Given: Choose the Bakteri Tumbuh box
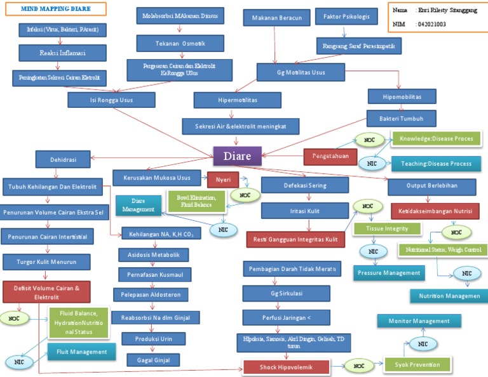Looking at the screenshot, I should (x=402, y=118).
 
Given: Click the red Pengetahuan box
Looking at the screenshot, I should (x=330, y=156).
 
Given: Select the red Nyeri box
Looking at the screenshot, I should (x=223, y=180).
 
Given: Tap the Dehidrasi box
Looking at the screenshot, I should (x=63, y=159).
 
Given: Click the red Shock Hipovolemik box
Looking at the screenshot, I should (x=286, y=367).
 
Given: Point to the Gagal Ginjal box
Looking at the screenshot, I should (x=153, y=360).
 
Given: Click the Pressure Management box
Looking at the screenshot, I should (x=389, y=273).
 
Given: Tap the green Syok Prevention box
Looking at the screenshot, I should (x=417, y=364).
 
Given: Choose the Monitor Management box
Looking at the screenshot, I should (x=419, y=321).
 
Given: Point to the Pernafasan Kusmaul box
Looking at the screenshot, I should (x=151, y=275).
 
